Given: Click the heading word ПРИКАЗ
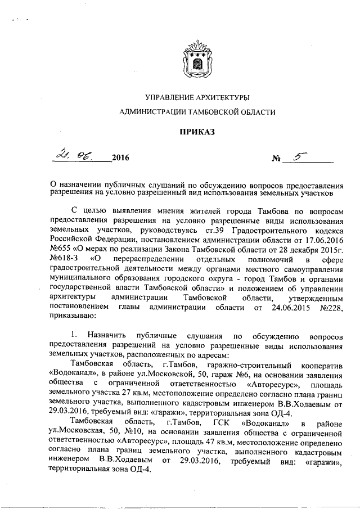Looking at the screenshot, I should coord(197,132).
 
